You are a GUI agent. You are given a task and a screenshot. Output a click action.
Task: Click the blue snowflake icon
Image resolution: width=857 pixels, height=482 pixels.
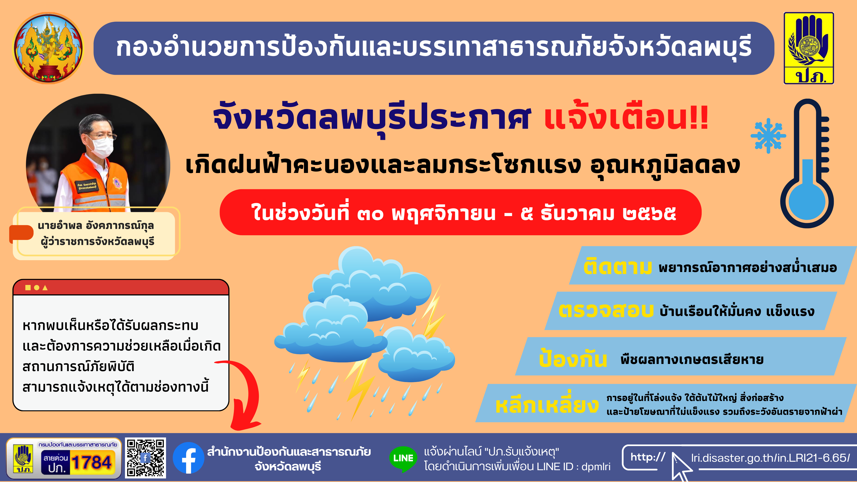coord(768,136)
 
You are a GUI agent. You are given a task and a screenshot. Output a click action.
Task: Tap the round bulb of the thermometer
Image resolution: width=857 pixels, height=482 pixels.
coord(807,202)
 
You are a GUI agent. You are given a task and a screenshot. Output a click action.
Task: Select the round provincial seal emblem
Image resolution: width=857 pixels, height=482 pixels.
coord(48,48)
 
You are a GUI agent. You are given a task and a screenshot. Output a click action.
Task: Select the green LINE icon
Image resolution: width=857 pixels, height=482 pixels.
coord(403,459)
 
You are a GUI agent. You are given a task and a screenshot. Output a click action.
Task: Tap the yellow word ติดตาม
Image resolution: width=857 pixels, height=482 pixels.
coord(618,267)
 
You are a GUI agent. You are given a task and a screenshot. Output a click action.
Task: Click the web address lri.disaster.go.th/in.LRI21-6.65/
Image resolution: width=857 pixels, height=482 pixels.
coord(770,458)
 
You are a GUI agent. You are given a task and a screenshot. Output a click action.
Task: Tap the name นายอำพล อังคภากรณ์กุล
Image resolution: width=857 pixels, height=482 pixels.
coord(96,226)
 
